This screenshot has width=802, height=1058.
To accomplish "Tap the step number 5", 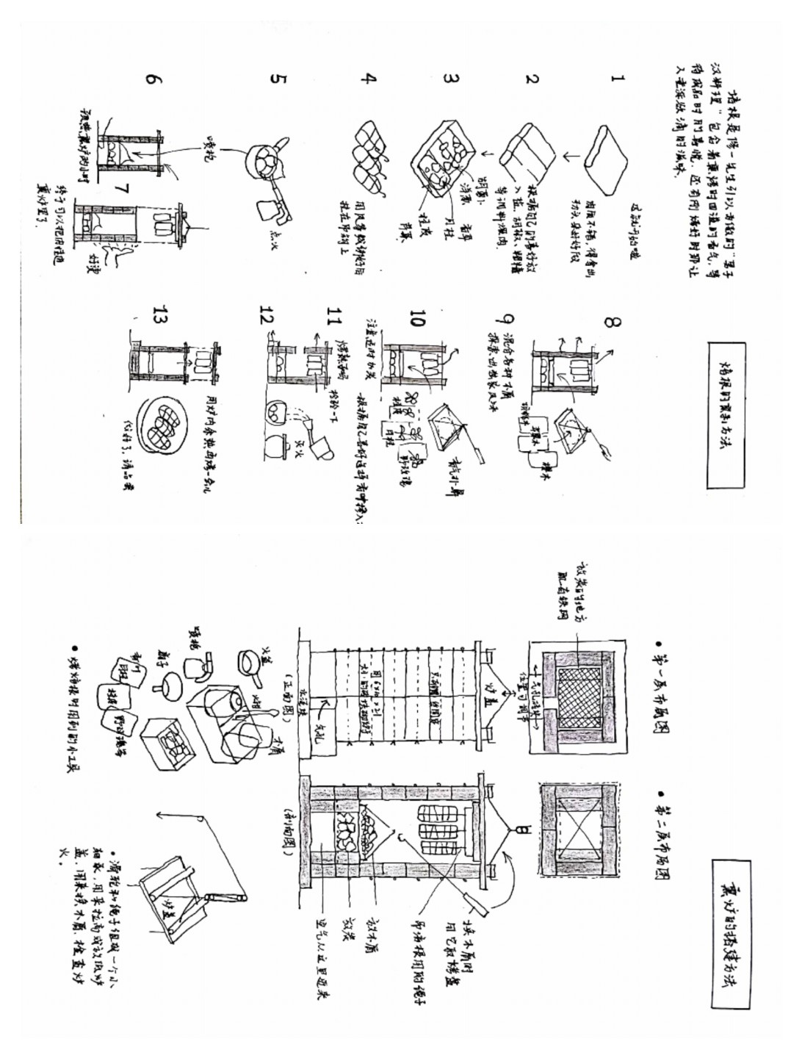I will coord(276,79).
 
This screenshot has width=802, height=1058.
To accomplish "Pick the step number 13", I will coord(157,315).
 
